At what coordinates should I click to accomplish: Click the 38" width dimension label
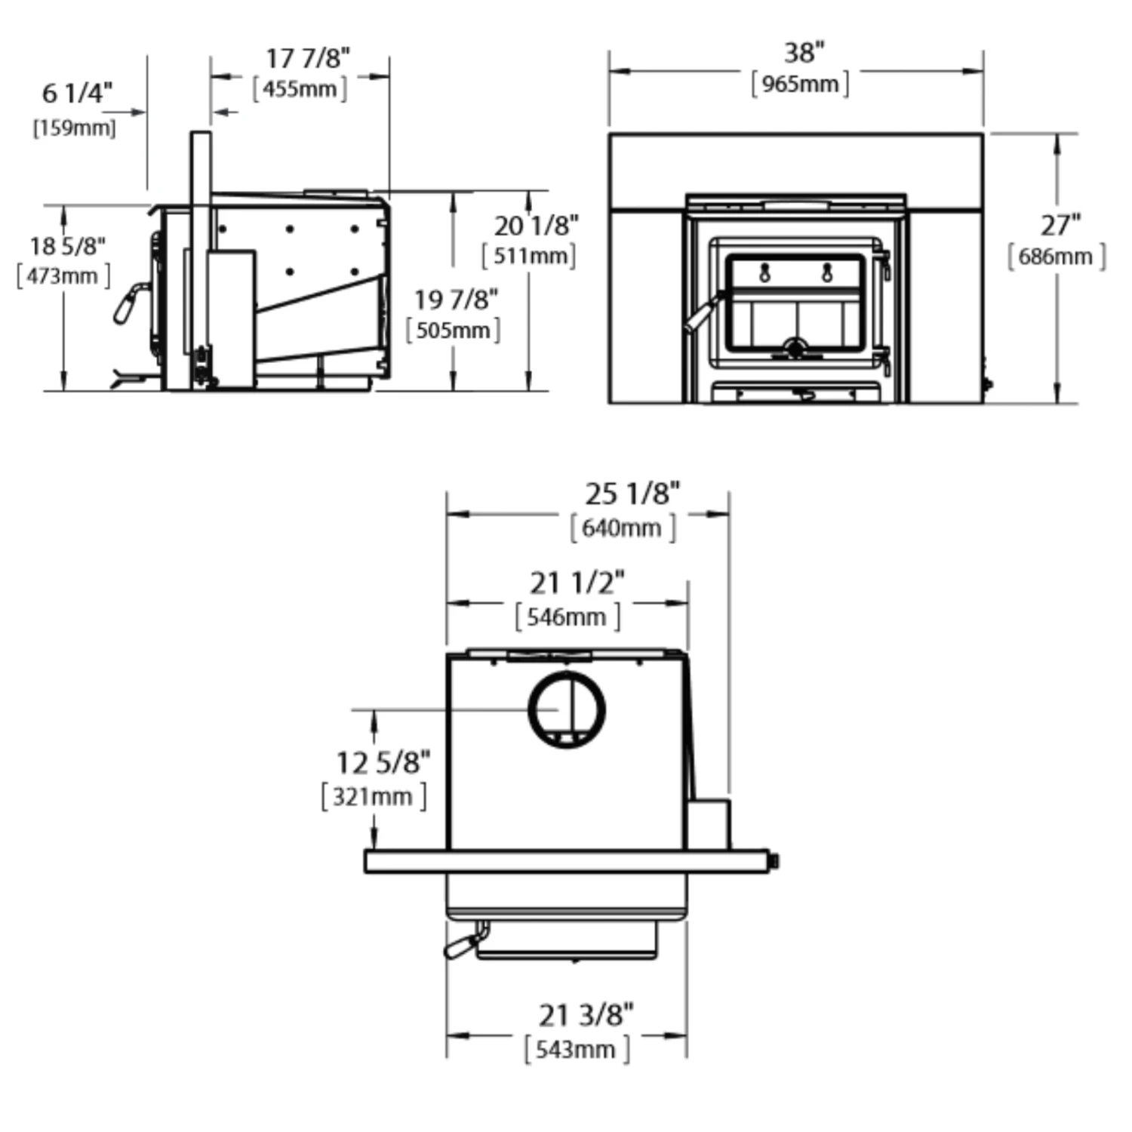pos(803,54)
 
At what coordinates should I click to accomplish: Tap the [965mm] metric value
pos(800,84)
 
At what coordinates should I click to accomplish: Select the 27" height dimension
pos(1060,225)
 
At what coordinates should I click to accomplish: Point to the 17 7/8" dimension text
pos(308,58)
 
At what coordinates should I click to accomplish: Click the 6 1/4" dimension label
pos(77,94)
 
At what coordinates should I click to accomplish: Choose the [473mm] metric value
pos(63,276)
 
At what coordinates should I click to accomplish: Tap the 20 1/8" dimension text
pos(536,225)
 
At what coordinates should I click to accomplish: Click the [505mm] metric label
pos(453,331)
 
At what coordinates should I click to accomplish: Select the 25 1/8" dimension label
pos(632,494)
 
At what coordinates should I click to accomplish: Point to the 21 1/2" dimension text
pos(577,583)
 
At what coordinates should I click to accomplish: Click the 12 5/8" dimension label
pos(383,763)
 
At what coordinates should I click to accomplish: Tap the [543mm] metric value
pos(577,1050)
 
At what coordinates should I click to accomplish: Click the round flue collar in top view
pos(567,709)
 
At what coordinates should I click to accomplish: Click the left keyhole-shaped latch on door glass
pos(764,272)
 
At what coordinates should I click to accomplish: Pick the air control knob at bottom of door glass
pos(795,348)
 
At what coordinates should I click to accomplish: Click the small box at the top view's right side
pos(708,824)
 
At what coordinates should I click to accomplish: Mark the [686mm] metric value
pos(1056,257)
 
